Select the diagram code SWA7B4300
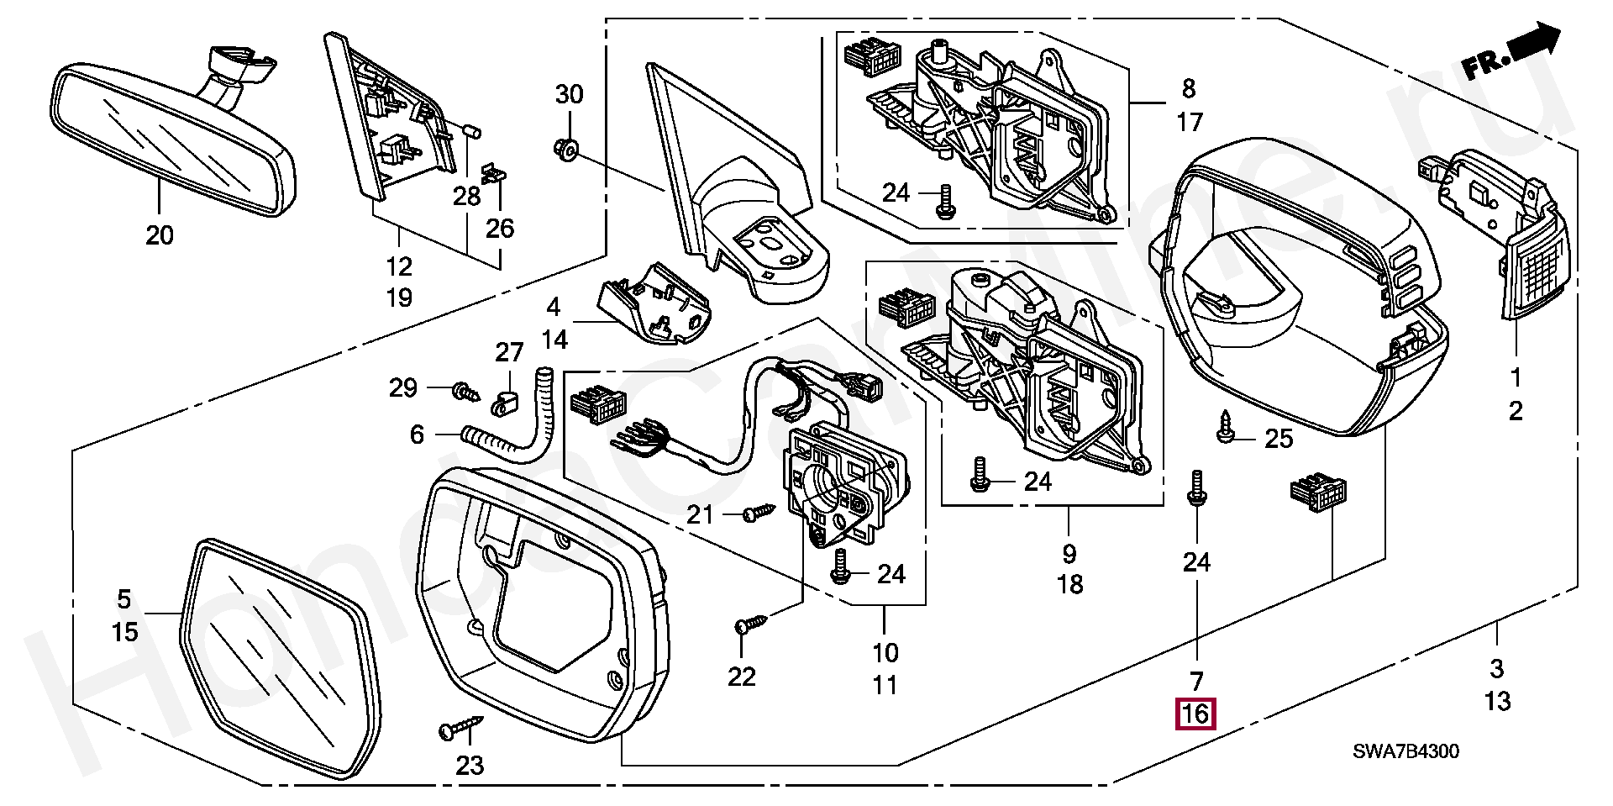tap(1405, 751)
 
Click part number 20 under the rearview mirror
tap(159, 235)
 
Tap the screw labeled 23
tap(461, 728)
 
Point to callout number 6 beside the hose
tap(418, 435)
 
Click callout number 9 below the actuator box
tap(1069, 554)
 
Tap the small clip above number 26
tap(495, 175)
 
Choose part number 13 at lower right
tap(1498, 701)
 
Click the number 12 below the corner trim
tap(399, 266)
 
